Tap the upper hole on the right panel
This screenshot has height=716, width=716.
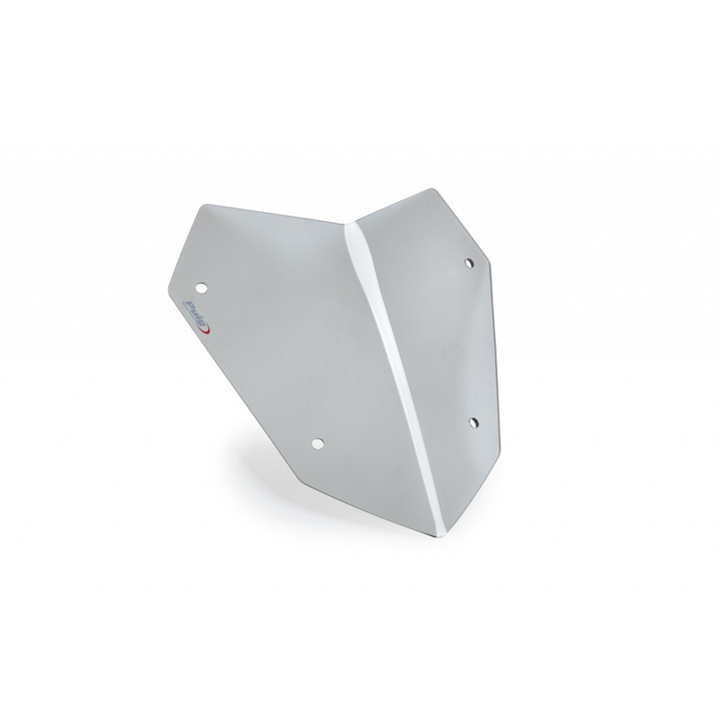[469, 262]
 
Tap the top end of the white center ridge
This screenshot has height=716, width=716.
[355, 223]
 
